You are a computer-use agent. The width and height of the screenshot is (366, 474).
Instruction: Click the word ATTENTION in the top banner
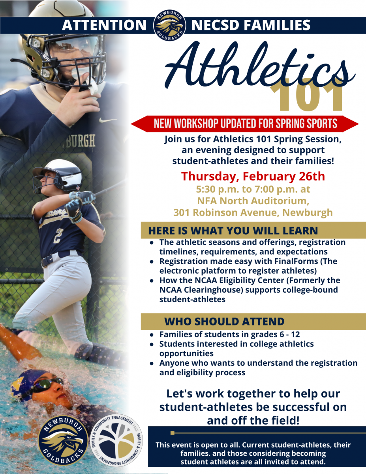(104, 25)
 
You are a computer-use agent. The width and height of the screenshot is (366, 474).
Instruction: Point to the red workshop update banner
(245, 124)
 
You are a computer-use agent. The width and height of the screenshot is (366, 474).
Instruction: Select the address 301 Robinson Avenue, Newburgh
(253, 213)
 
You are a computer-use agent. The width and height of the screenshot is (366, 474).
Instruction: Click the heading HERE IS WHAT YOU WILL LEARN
(233, 230)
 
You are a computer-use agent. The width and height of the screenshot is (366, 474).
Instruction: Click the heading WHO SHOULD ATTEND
(224, 321)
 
